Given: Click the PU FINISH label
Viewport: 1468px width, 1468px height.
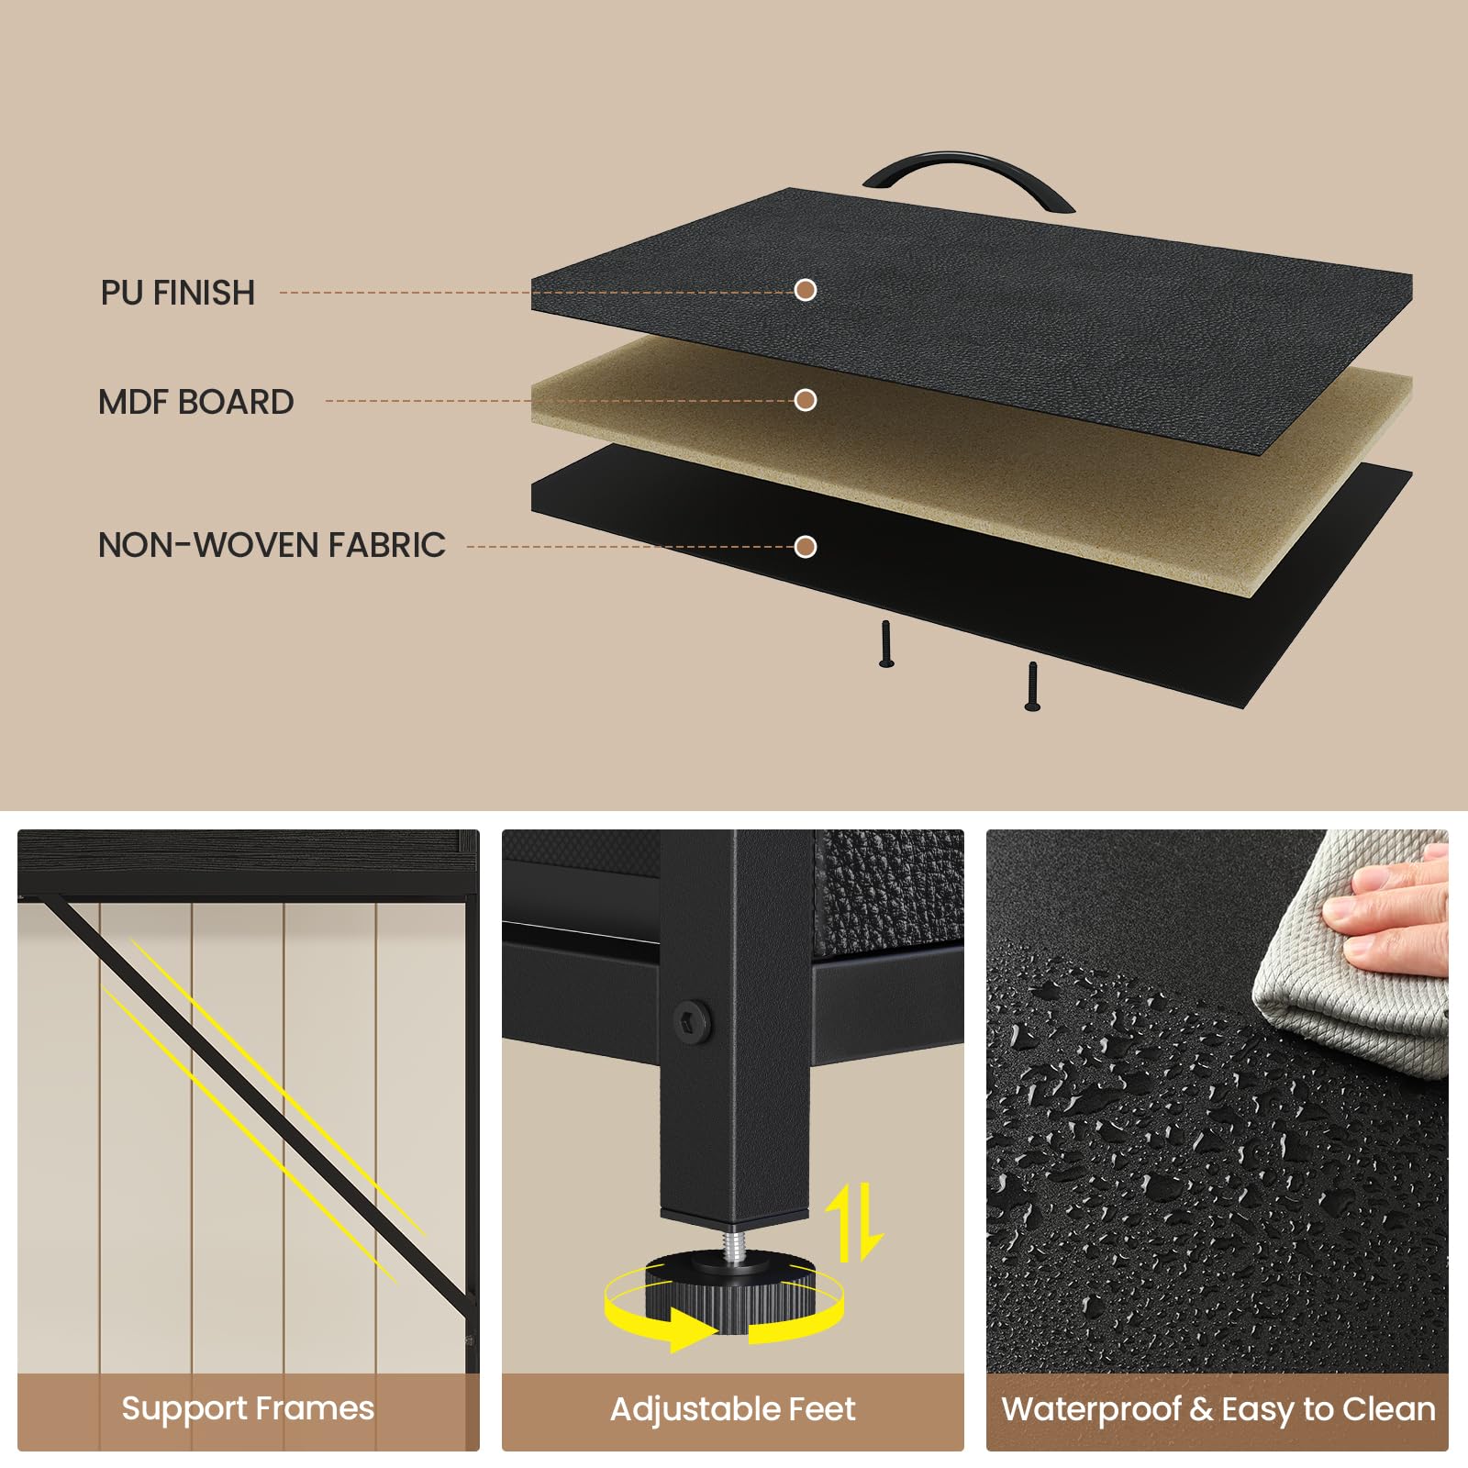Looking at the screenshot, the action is [178, 293].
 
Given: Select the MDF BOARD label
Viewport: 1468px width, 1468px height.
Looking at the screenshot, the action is [196, 402].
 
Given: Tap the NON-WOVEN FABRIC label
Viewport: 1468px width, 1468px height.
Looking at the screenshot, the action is [272, 545].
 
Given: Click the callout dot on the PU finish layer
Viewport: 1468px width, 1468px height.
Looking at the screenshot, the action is [806, 290].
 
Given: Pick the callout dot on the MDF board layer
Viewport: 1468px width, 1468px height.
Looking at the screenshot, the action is [806, 400].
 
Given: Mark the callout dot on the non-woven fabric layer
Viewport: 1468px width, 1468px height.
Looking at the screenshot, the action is [806, 547].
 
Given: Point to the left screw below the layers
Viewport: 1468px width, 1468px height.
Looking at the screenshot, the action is [886, 644].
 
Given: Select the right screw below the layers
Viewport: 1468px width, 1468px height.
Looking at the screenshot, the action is [1032, 686].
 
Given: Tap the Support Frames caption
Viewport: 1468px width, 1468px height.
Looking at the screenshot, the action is [248, 1408].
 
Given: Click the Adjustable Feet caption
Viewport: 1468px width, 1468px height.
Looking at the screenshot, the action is [733, 1408].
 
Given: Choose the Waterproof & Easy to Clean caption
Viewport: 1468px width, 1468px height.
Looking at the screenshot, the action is [1218, 1409].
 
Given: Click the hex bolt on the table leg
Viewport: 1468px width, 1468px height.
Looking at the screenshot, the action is [691, 1018].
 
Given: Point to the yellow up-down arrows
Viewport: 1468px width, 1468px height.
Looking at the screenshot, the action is [854, 1222].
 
